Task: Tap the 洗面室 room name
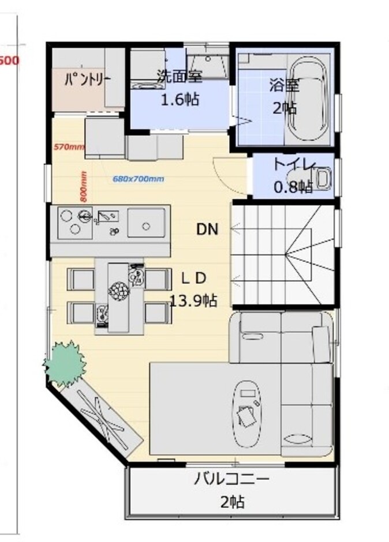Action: [179, 76]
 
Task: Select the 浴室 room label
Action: [283, 85]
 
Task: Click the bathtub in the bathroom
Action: [308, 101]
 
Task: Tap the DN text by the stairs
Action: [207, 229]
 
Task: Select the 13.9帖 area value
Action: [193, 300]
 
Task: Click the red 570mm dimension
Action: [69, 147]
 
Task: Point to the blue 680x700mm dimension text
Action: [139, 179]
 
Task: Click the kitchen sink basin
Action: [146, 222]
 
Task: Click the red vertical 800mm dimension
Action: [83, 185]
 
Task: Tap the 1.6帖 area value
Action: [179, 99]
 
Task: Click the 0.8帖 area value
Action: [293, 186]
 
